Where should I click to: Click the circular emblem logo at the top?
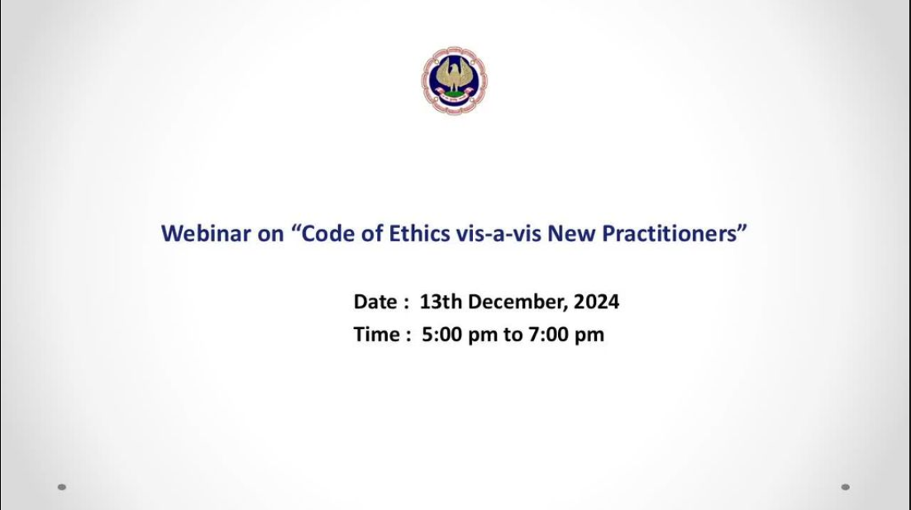[x=455, y=81]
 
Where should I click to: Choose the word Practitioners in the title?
[x=670, y=233]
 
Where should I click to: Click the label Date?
[x=375, y=302]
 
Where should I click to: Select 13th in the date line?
[x=441, y=302]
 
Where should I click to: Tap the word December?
[x=518, y=303]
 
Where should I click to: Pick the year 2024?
[x=596, y=302]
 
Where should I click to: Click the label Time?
[x=376, y=335]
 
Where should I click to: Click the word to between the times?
[x=513, y=335]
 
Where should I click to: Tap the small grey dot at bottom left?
[x=62, y=488]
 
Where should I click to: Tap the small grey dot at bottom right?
[x=846, y=488]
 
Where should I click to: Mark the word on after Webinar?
[x=271, y=235]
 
